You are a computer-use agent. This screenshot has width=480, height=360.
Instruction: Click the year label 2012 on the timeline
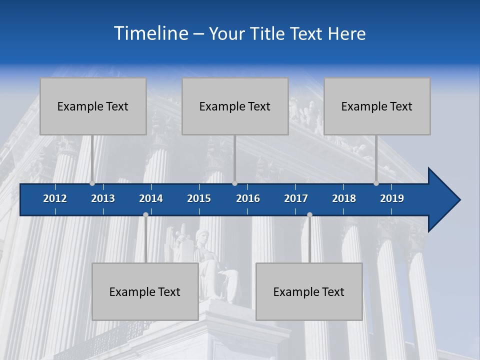tap(55, 198)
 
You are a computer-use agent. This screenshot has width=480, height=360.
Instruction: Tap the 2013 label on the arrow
tap(103, 198)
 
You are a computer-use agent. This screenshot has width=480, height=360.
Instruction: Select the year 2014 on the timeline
tap(151, 198)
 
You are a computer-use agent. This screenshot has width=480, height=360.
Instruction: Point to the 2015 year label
tap(199, 198)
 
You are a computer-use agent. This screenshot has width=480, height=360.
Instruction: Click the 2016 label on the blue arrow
tap(248, 198)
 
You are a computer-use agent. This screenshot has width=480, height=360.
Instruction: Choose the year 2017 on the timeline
tap(296, 198)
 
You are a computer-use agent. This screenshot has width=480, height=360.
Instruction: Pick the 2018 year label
tap(344, 198)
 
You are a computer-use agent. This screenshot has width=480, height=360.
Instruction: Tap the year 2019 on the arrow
tap(392, 198)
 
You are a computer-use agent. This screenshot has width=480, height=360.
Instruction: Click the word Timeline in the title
tap(150, 33)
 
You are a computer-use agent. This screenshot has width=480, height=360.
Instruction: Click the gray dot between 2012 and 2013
tap(92, 183)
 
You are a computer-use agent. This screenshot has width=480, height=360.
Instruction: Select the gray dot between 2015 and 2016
tap(234, 183)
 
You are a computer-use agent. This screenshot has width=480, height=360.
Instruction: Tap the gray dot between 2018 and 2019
tap(376, 183)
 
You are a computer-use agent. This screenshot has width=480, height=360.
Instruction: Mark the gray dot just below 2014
tap(145, 215)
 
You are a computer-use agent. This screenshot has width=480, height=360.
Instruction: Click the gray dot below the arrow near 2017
tap(309, 215)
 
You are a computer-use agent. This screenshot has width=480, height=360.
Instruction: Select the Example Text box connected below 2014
tap(145, 291)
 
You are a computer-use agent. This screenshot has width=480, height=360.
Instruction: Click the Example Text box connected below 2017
tap(309, 291)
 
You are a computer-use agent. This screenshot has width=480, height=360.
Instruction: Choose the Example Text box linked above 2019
tap(377, 106)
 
